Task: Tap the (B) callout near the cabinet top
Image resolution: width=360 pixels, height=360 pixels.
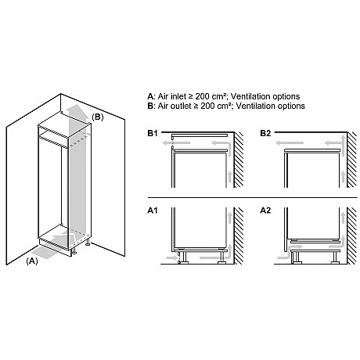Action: coord(97,117)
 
